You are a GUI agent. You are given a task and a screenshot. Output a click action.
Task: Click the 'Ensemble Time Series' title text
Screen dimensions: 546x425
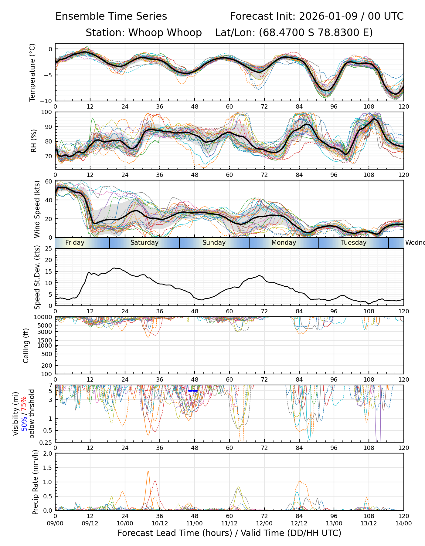pos(111,16)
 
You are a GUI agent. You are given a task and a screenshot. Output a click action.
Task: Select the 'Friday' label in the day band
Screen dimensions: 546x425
pos(75,243)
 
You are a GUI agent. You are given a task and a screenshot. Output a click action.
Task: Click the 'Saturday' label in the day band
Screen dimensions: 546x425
pos(144,243)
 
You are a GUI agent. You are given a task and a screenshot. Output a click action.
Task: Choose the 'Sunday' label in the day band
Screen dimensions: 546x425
pos(214,243)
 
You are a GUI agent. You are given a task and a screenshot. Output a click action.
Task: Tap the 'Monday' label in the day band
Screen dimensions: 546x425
pos(284,243)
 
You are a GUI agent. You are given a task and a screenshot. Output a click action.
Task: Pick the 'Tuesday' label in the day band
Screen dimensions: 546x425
pos(354,243)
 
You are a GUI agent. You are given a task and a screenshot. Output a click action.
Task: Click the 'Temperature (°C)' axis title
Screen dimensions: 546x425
pos(32,72)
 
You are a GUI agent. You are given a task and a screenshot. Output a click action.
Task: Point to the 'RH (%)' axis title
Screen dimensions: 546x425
pos(34,141)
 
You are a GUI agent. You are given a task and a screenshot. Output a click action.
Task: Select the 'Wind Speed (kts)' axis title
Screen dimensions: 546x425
pos(37,209)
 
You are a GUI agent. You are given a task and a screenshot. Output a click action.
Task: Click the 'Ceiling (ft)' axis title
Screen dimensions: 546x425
pos(26,345)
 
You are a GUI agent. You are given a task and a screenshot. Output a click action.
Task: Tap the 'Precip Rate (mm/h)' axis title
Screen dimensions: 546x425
pos(36,482)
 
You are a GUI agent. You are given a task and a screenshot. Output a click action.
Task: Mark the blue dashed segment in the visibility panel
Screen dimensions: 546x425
pos(193,391)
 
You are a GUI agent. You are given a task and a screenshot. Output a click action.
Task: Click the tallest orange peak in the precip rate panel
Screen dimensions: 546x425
pos(148,471)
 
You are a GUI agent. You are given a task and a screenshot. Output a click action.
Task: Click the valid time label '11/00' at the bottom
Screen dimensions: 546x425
pos(195,524)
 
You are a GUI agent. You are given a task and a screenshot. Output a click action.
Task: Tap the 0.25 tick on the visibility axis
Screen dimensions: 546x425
pos(47,442)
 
